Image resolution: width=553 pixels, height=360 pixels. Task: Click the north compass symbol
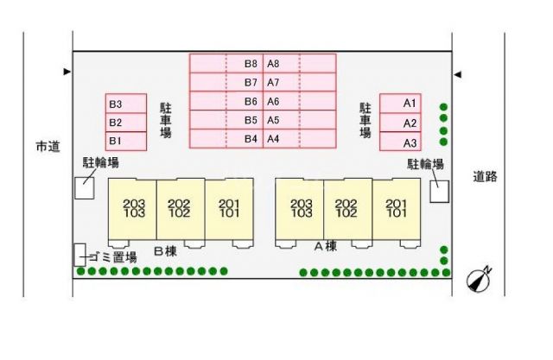click(479, 279)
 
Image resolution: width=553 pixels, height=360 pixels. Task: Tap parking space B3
click(126, 104)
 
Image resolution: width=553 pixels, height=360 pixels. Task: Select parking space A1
click(400, 104)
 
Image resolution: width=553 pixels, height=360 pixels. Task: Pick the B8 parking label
click(251, 64)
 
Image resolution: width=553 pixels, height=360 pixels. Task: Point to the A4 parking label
click(273, 139)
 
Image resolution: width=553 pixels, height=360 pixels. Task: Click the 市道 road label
click(48, 147)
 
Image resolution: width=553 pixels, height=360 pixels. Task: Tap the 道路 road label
click(485, 176)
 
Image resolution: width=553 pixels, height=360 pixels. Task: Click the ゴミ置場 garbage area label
click(112, 257)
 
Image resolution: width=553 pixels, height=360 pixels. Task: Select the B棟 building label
click(165, 251)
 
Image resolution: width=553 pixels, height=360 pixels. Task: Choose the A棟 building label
click(326, 246)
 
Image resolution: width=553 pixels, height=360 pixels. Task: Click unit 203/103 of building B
click(132, 209)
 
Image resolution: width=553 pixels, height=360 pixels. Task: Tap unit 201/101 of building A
click(397, 209)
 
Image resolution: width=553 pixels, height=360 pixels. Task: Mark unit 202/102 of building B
click(181, 209)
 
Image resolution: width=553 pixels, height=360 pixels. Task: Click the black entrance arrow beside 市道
click(67, 72)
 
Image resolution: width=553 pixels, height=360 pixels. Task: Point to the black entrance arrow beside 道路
click(457, 75)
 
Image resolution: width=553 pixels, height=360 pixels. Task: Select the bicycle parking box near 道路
click(440, 192)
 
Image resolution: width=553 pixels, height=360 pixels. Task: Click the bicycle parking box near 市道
click(85, 188)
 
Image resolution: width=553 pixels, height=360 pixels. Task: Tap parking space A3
click(400, 142)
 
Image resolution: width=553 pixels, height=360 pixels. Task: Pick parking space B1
click(126, 142)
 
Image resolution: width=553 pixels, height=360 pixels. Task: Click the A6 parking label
click(273, 102)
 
